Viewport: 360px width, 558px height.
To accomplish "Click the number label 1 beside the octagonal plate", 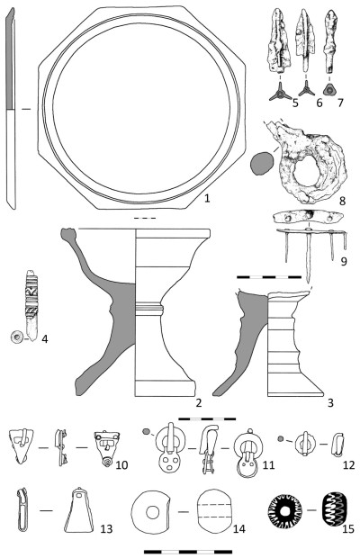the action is click(207, 198).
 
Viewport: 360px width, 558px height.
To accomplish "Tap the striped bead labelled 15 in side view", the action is click(334, 510).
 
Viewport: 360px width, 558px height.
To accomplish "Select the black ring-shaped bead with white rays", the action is click(284, 510).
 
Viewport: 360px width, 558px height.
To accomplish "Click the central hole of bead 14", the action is click(153, 512).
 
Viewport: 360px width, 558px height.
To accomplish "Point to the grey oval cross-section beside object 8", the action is click(262, 163).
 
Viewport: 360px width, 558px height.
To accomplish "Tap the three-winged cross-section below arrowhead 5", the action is click(280, 94).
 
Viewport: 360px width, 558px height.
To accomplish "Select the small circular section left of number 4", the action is click(17, 337).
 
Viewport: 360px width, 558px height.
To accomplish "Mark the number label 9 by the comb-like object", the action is click(343, 262).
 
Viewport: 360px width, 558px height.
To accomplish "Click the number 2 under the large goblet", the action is click(199, 403).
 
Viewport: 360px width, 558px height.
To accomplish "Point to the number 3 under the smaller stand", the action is click(330, 403).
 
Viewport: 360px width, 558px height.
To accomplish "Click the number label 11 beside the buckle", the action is click(268, 464).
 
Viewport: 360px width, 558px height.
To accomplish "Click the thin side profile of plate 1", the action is click(10, 109).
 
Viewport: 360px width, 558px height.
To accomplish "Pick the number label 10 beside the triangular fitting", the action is click(121, 464).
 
